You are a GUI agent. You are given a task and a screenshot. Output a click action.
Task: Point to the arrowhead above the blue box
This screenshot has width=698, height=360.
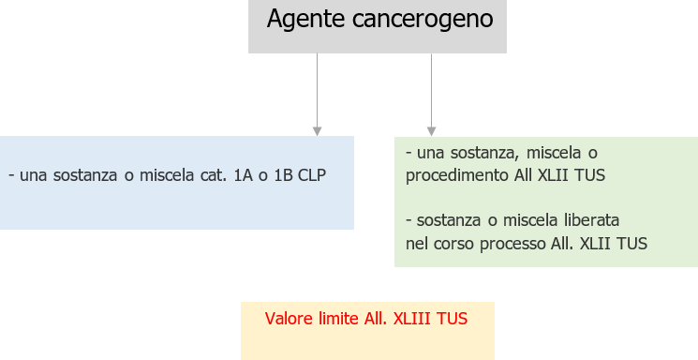[318, 130]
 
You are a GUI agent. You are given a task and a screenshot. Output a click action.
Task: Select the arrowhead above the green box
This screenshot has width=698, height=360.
[431, 130]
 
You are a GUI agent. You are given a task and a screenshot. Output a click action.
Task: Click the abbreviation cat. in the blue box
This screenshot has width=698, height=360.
[210, 175]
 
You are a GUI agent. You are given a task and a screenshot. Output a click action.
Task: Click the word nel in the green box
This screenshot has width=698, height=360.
[416, 244]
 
